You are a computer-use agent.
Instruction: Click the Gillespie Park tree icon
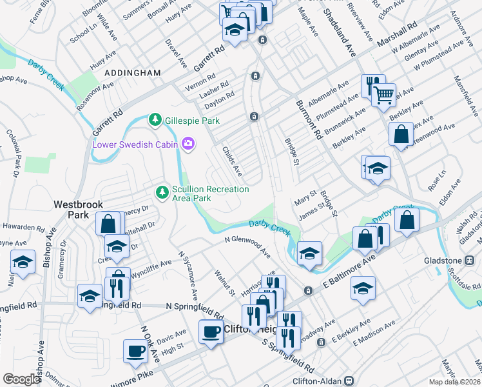point(155,120)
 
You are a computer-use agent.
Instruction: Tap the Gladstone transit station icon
point(470,260)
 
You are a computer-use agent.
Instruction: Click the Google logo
point(21,379)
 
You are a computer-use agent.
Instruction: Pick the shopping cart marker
point(384,95)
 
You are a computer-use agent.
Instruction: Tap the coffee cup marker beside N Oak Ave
point(136,351)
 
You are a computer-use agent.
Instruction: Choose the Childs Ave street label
point(231,162)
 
